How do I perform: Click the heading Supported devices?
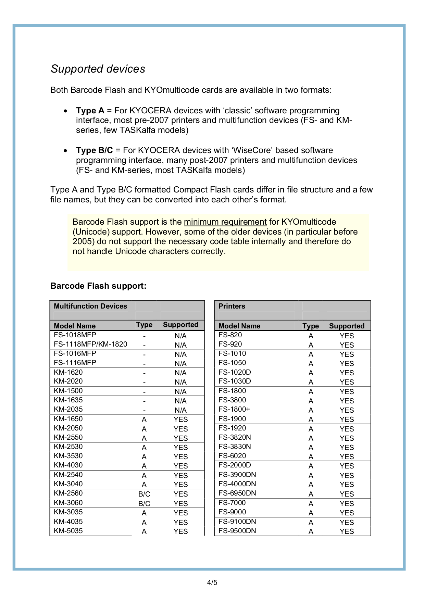[98, 69]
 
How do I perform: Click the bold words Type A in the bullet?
[90, 111]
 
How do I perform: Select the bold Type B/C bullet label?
[94, 150]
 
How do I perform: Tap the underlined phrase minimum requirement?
[225, 222]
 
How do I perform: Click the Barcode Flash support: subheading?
[98, 286]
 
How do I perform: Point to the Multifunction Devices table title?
[90, 306]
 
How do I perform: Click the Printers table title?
[232, 306]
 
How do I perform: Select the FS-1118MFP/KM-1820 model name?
[90, 344]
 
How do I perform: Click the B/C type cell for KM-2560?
[144, 494]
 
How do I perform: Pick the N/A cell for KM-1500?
[180, 391]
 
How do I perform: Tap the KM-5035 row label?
[68, 531]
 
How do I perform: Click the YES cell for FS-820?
[347, 336]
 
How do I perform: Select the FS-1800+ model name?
[234, 409]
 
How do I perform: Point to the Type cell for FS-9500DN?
[311, 531]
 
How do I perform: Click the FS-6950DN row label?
[237, 493]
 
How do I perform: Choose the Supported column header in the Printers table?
[347, 326]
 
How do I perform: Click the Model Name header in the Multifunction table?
[75, 326]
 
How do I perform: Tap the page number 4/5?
[212, 583]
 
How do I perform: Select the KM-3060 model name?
[68, 503]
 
